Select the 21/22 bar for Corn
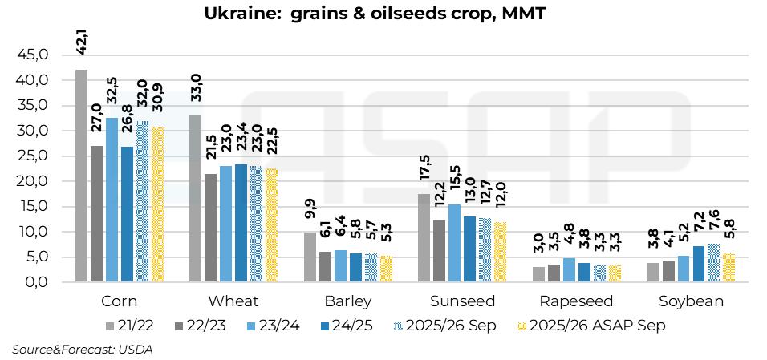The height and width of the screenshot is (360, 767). point(81,176)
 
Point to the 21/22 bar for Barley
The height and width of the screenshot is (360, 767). point(309,257)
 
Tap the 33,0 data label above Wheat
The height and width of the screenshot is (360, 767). point(195,85)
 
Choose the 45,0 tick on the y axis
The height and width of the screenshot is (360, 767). point(33,55)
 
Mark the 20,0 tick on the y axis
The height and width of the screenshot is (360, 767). point(33,181)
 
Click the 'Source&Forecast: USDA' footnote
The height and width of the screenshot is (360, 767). point(82,350)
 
